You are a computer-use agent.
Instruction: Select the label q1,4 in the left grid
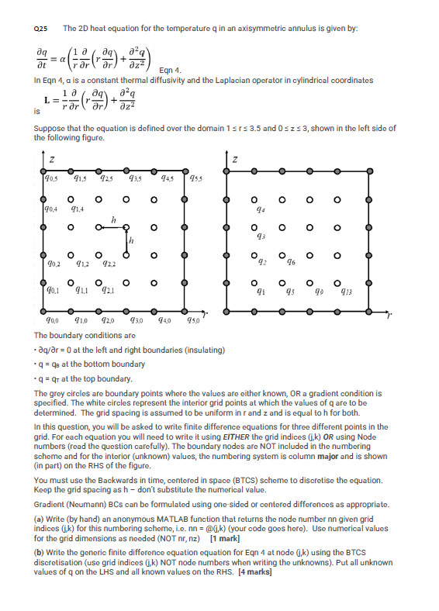click(78, 210)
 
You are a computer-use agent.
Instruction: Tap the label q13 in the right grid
click(365, 293)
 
